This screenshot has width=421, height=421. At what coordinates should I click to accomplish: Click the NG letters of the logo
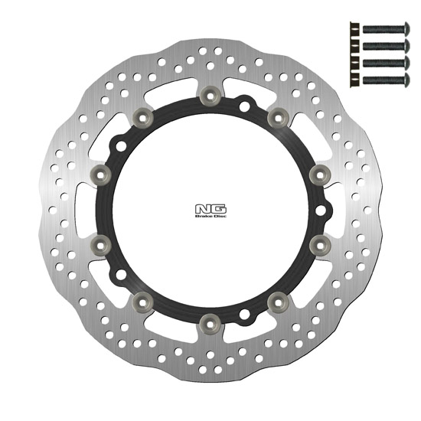210,210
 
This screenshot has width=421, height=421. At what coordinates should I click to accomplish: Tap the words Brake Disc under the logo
210,216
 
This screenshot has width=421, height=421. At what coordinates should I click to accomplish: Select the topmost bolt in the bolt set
386,28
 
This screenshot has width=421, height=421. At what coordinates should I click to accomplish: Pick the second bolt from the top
386,46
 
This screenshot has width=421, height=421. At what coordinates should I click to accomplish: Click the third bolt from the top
386,63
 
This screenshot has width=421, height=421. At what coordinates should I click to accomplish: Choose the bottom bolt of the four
386,80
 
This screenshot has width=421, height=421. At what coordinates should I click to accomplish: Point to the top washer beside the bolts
354,29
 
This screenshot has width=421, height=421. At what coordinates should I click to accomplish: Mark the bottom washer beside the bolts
354,80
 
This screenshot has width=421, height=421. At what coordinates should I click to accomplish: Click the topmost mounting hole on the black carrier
244,106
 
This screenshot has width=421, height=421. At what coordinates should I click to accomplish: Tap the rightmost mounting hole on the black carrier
321,210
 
